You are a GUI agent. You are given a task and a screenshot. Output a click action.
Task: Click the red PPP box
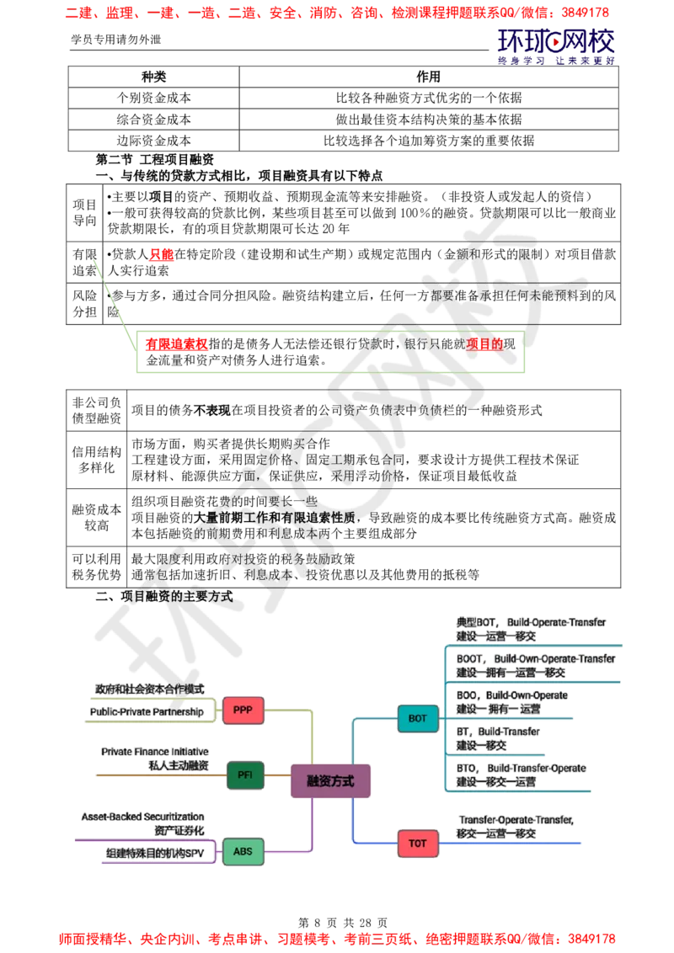tap(243, 711)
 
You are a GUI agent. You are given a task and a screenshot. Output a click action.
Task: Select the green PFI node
tap(245, 775)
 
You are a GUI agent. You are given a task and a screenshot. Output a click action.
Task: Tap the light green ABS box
tap(243, 851)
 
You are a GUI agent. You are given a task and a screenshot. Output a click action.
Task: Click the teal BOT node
tap(418, 718)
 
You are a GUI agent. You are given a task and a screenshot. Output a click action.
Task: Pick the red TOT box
tap(418, 843)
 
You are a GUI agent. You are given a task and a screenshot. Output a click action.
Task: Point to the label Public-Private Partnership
tap(147, 712)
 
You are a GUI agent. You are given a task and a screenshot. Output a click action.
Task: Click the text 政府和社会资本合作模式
tap(150, 689)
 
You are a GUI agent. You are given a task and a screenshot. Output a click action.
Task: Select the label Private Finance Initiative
tap(155, 751)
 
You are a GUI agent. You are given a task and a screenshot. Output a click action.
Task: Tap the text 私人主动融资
tap(178, 765)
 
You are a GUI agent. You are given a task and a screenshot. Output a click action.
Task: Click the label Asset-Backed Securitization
tap(143, 817)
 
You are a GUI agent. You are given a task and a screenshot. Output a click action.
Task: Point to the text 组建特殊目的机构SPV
tap(155, 853)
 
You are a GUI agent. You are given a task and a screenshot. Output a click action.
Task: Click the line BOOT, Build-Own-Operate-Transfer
tap(536, 658)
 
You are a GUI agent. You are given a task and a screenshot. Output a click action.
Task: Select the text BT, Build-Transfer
tap(498, 732)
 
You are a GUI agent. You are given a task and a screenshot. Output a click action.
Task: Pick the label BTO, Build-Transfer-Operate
tap(521, 768)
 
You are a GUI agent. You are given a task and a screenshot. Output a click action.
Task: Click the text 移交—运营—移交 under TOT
tap(496, 833)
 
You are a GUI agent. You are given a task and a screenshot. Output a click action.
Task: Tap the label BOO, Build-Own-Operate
tap(512, 695)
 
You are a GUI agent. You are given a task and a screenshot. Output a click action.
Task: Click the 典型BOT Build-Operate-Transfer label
tap(531, 622)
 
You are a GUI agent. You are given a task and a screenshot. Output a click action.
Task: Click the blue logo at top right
tap(556, 44)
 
